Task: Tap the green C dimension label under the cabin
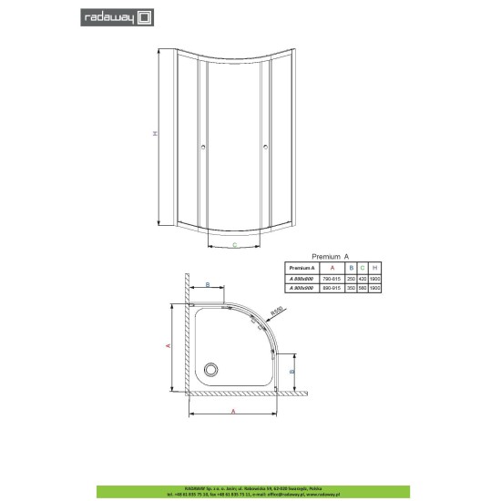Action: click(234, 245)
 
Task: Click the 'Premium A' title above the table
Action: click(332, 258)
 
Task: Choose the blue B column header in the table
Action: click(350, 269)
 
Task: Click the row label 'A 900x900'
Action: click(301, 287)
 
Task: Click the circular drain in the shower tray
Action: click(212, 369)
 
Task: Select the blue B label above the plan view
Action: click(208, 285)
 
